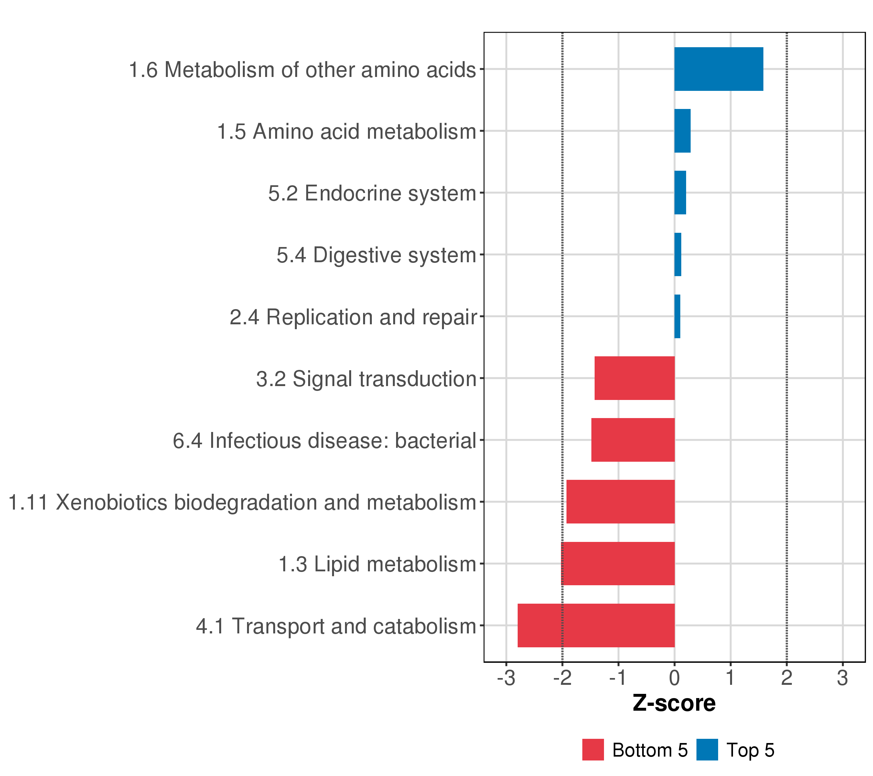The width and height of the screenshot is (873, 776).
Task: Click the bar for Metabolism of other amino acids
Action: tap(718, 69)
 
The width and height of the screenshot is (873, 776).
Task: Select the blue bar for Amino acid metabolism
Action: tap(682, 131)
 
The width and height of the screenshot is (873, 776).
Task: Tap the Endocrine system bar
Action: tap(680, 193)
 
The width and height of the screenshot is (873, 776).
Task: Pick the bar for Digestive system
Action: tap(677, 254)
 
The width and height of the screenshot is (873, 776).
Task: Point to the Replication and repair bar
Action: tap(677, 317)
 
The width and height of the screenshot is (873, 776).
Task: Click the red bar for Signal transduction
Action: tap(634, 378)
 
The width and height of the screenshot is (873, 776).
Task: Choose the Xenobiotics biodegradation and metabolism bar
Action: tap(620, 502)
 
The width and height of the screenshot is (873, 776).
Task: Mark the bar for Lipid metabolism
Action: tap(618, 564)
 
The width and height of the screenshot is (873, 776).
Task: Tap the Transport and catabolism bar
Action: tap(596, 626)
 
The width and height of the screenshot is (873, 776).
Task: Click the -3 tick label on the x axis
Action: tap(506, 678)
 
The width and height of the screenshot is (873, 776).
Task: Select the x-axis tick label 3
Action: tap(842, 678)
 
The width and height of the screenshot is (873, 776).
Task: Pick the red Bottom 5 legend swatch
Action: tap(593, 750)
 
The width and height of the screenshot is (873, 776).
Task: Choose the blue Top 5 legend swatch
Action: tap(707, 750)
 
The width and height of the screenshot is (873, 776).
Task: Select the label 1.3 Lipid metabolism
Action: tap(377, 565)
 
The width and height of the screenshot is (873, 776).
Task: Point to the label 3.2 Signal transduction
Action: tap(366, 379)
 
